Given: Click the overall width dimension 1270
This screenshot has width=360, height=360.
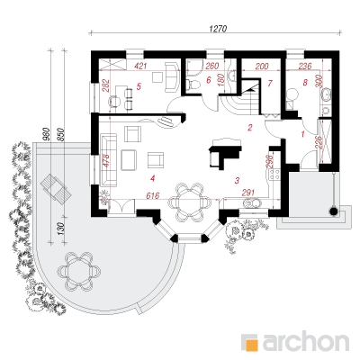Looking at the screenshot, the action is click(x=218, y=29).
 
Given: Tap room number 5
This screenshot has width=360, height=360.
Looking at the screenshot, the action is click(x=139, y=86).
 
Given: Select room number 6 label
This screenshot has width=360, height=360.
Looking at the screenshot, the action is click(x=209, y=80).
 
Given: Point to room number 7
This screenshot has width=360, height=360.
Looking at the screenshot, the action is click(x=269, y=84).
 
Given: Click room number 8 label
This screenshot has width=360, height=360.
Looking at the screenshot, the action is click(x=305, y=83).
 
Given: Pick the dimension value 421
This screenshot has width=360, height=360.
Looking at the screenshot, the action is click(x=140, y=66).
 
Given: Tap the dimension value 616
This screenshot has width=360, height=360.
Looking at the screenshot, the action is click(x=154, y=195).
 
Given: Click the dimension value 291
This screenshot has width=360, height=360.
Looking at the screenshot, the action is click(x=248, y=193).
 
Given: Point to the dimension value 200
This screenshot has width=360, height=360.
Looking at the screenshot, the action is click(x=262, y=66).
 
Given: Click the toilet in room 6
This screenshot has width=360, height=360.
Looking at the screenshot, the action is click(x=193, y=85).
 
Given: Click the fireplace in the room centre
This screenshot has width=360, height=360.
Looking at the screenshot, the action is click(x=225, y=153).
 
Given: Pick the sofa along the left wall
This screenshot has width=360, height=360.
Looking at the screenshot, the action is click(x=109, y=160).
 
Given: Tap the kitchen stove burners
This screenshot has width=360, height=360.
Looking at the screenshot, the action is click(x=274, y=175).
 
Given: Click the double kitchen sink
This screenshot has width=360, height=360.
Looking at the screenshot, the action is click(x=253, y=203).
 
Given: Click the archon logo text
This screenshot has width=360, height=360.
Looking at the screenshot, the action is click(x=306, y=341).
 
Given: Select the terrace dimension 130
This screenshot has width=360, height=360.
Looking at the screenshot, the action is click(x=60, y=229).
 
